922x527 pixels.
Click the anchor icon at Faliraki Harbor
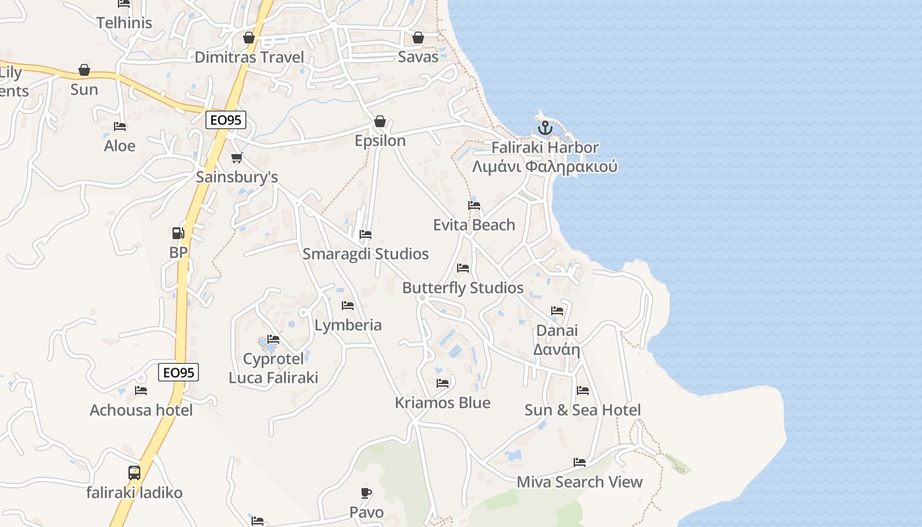click(x=545, y=128)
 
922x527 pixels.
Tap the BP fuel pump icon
click(x=178, y=233)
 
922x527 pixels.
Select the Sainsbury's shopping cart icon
click(x=236, y=158)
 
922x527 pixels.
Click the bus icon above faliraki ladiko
click(x=134, y=472)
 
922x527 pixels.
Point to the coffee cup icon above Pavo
click(x=366, y=493)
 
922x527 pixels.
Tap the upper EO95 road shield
click(x=226, y=120)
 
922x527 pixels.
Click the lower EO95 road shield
click(x=178, y=372)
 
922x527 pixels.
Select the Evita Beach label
click(x=474, y=225)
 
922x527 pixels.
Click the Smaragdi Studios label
click(x=366, y=254)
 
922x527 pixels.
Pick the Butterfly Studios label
click(x=463, y=288)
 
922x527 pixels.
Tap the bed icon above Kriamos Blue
click(x=443, y=383)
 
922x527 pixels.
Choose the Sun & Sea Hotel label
click(x=582, y=410)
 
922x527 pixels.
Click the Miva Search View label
click(x=580, y=482)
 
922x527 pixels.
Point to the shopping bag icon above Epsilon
click(x=380, y=122)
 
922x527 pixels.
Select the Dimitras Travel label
click(x=249, y=57)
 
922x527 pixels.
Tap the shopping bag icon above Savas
click(x=418, y=38)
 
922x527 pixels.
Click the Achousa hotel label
click(x=141, y=410)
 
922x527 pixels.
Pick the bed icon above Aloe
click(x=120, y=126)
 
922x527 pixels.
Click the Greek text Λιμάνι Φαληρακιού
click(x=545, y=166)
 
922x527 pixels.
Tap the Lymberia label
click(x=348, y=325)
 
